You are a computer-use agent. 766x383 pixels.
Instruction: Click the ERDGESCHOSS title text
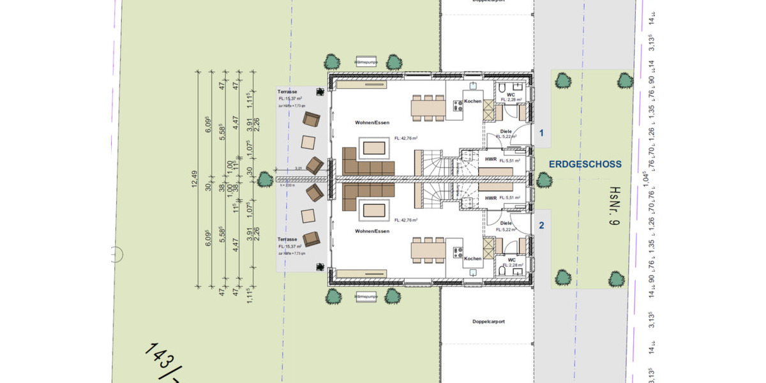[x=585, y=165]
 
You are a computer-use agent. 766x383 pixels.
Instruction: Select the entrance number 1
[x=541, y=133]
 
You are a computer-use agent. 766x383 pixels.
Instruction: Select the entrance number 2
[x=541, y=225]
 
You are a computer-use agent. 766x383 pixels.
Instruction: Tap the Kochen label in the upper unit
[x=472, y=101]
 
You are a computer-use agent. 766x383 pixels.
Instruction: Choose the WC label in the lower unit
[x=511, y=260]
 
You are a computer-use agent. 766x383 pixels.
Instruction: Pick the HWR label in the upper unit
[x=491, y=160]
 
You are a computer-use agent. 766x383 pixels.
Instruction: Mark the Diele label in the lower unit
[x=506, y=223]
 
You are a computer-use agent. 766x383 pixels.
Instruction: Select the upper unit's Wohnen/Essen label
[x=372, y=121]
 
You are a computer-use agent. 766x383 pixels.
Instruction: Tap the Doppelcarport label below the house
[x=489, y=321]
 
